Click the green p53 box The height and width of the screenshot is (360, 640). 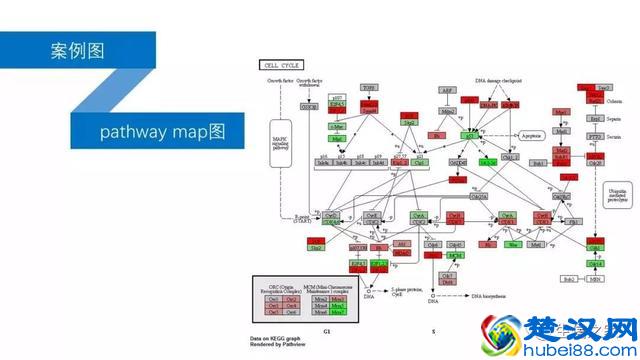coord(468,134)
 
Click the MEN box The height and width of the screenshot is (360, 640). coord(597,279)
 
